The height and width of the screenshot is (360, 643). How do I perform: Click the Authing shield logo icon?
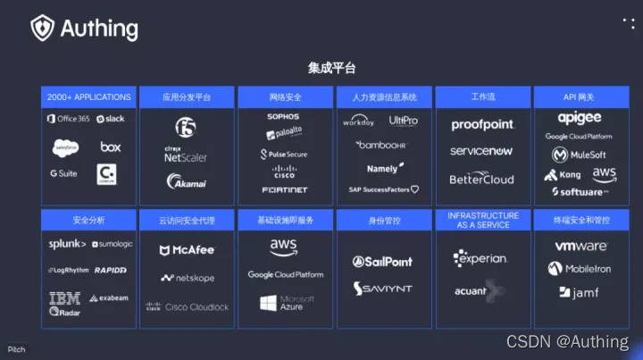[x=43, y=28]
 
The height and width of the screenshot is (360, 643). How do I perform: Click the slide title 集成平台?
[x=332, y=68]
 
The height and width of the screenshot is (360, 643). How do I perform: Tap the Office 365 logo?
[x=68, y=119]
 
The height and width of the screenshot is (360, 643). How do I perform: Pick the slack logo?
[x=111, y=119]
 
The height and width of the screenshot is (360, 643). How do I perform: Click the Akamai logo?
[x=186, y=182]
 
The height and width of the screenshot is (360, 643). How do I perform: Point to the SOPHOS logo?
[x=283, y=117]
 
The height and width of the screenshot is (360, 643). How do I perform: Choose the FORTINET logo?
[x=283, y=189]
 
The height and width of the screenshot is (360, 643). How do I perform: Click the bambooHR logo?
[x=381, y=145]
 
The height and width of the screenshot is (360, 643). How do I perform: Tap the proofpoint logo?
[x=482, y=125]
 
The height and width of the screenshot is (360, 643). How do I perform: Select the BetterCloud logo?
[x=482, y=179]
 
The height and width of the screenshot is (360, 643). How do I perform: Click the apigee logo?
[x=580, y=118]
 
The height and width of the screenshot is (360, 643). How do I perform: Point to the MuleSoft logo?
[x=580, y=155]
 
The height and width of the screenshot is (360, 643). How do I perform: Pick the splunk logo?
[x=67, y=244]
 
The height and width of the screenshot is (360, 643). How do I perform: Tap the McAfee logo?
[x=187, y=250]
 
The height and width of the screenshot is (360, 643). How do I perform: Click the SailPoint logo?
[x=383, y=262]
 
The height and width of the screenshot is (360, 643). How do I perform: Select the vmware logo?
[x=581, y=246]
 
